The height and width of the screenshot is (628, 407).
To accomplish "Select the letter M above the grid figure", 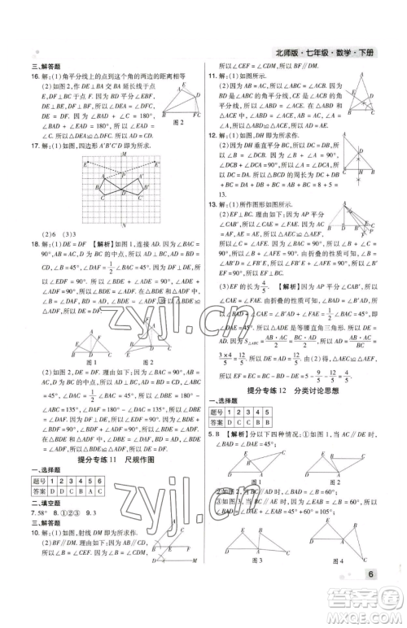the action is pos(122,154).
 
